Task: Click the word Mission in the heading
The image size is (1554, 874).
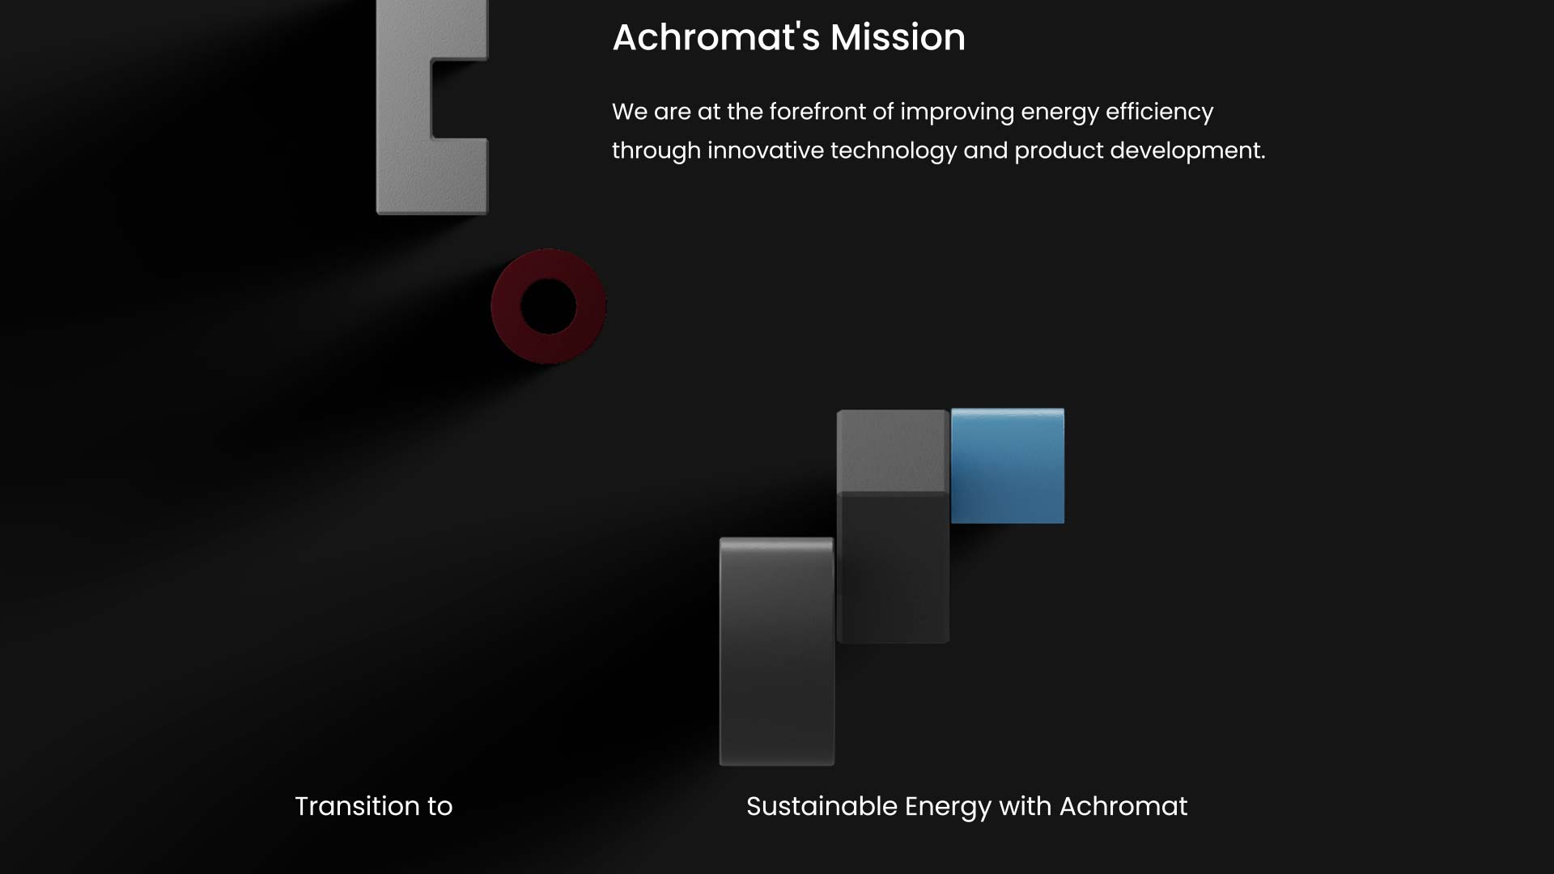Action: (x=898, y=37)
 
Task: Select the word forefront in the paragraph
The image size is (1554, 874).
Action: (x=817, y=112)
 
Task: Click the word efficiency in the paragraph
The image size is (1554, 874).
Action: (x=1159, y=112)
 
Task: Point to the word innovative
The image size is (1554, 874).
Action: (x=766, y=151)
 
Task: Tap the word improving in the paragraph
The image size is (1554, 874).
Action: (x=957, y=112)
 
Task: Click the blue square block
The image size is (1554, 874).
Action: (x=1008, y=466)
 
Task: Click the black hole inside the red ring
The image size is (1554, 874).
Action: (x=548, y=306)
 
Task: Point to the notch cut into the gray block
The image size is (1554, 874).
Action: (x=460, y=99)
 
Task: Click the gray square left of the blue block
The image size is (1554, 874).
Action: (x=892, y=451)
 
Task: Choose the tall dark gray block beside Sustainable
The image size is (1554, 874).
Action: (x=777, y=651)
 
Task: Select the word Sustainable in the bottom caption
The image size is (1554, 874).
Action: (x=822, y=806)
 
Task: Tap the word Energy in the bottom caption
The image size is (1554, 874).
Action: (x=948, y=808)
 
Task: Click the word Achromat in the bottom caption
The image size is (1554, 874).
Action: (x=1123, y=806)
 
